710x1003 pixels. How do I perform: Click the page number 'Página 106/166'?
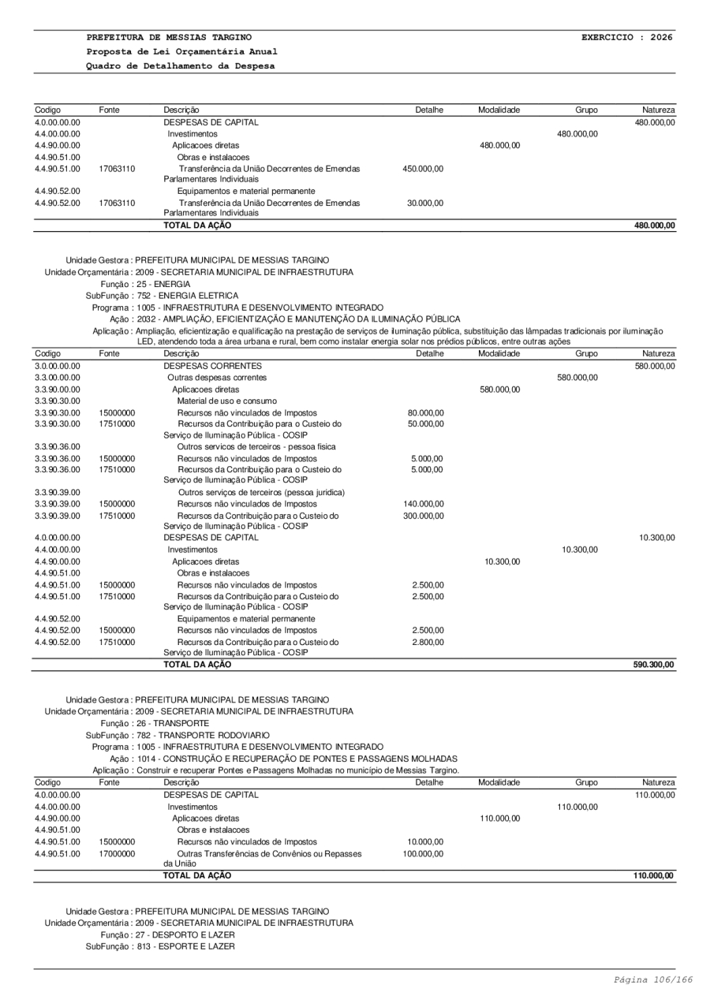(x=653, y=979)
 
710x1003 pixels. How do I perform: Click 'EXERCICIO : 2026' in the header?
(x=627, y=37)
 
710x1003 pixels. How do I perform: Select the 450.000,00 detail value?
(x=424, y=169)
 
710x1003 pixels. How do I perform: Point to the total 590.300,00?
(x=654, y=665)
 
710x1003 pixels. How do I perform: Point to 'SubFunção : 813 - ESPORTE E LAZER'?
(x=160, y=946)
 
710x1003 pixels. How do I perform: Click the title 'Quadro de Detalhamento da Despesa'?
(x=181, y=65)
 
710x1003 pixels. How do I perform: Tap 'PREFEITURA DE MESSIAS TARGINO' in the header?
(x=170, y=37)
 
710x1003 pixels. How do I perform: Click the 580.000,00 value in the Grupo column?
(x=577, y=378)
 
